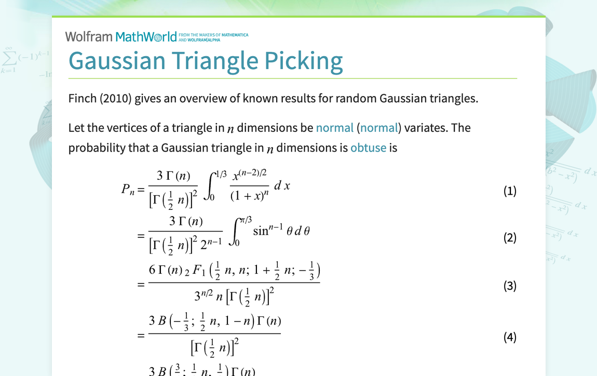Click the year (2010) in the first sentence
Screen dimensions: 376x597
pyautogui.click(x=119, y=98)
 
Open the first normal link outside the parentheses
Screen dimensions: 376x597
pyautogui.click(x=334, y=128)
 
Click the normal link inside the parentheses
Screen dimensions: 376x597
pyautogui.click(x=379, y=128)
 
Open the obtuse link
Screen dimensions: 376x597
pyautogui.click(x=368, y=147)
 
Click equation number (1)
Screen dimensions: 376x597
pyautogui.click(x=510, y=191)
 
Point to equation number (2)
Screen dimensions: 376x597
pyautogui.click(x=510, y=238)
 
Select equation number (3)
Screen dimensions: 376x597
pyautogui.click(x=510, y=286)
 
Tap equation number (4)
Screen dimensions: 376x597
pyautogui.click(x=510, y=337)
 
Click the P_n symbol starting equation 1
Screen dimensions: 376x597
pyautogui.click(x=128, y=190)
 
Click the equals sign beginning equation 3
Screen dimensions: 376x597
pyautogui.click(x=141, y=285)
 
